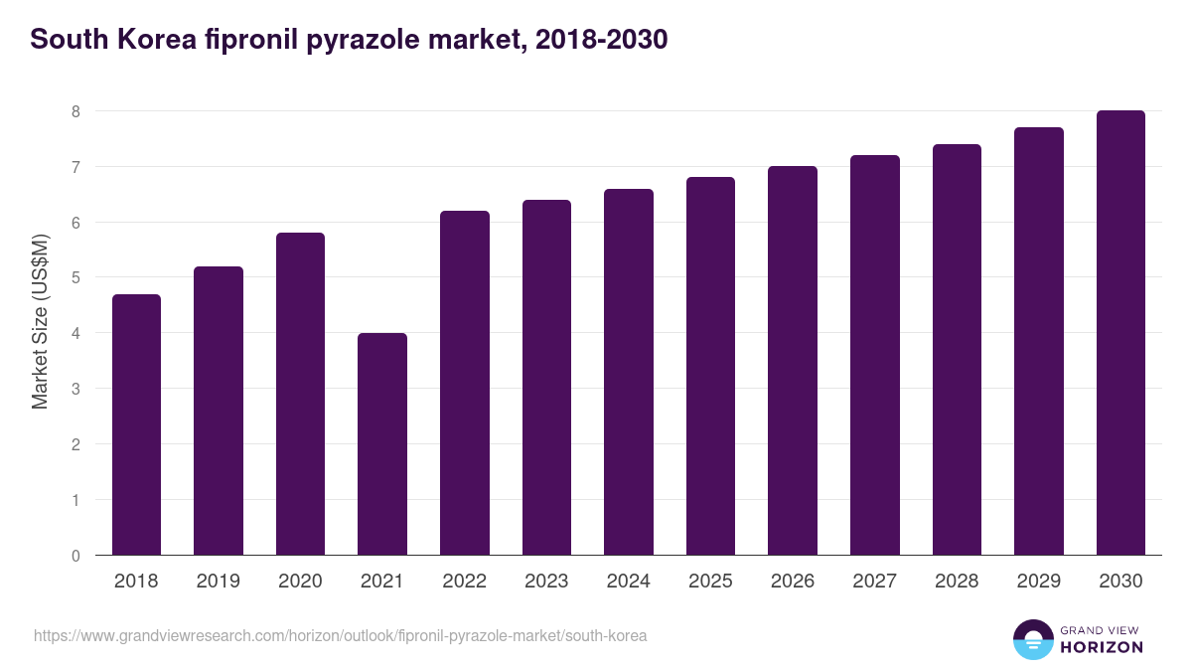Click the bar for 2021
[382, 444]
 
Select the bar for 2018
[136, 424]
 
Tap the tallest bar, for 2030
[1120, 333]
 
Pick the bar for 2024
[629, 372]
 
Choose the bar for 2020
[300, 394]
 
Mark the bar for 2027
[875, 355]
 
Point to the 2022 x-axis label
[464, 582]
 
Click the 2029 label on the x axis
[1039, 582]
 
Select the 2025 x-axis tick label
[710, 582]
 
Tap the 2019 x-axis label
[219, 582]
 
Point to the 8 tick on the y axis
[75, 111]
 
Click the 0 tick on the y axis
[75, 556]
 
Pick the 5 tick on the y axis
[75, 278]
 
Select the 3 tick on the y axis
[75, 389]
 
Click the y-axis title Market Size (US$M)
[41, 321]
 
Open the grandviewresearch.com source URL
[340, 635]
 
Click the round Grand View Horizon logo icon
[1033, 639]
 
